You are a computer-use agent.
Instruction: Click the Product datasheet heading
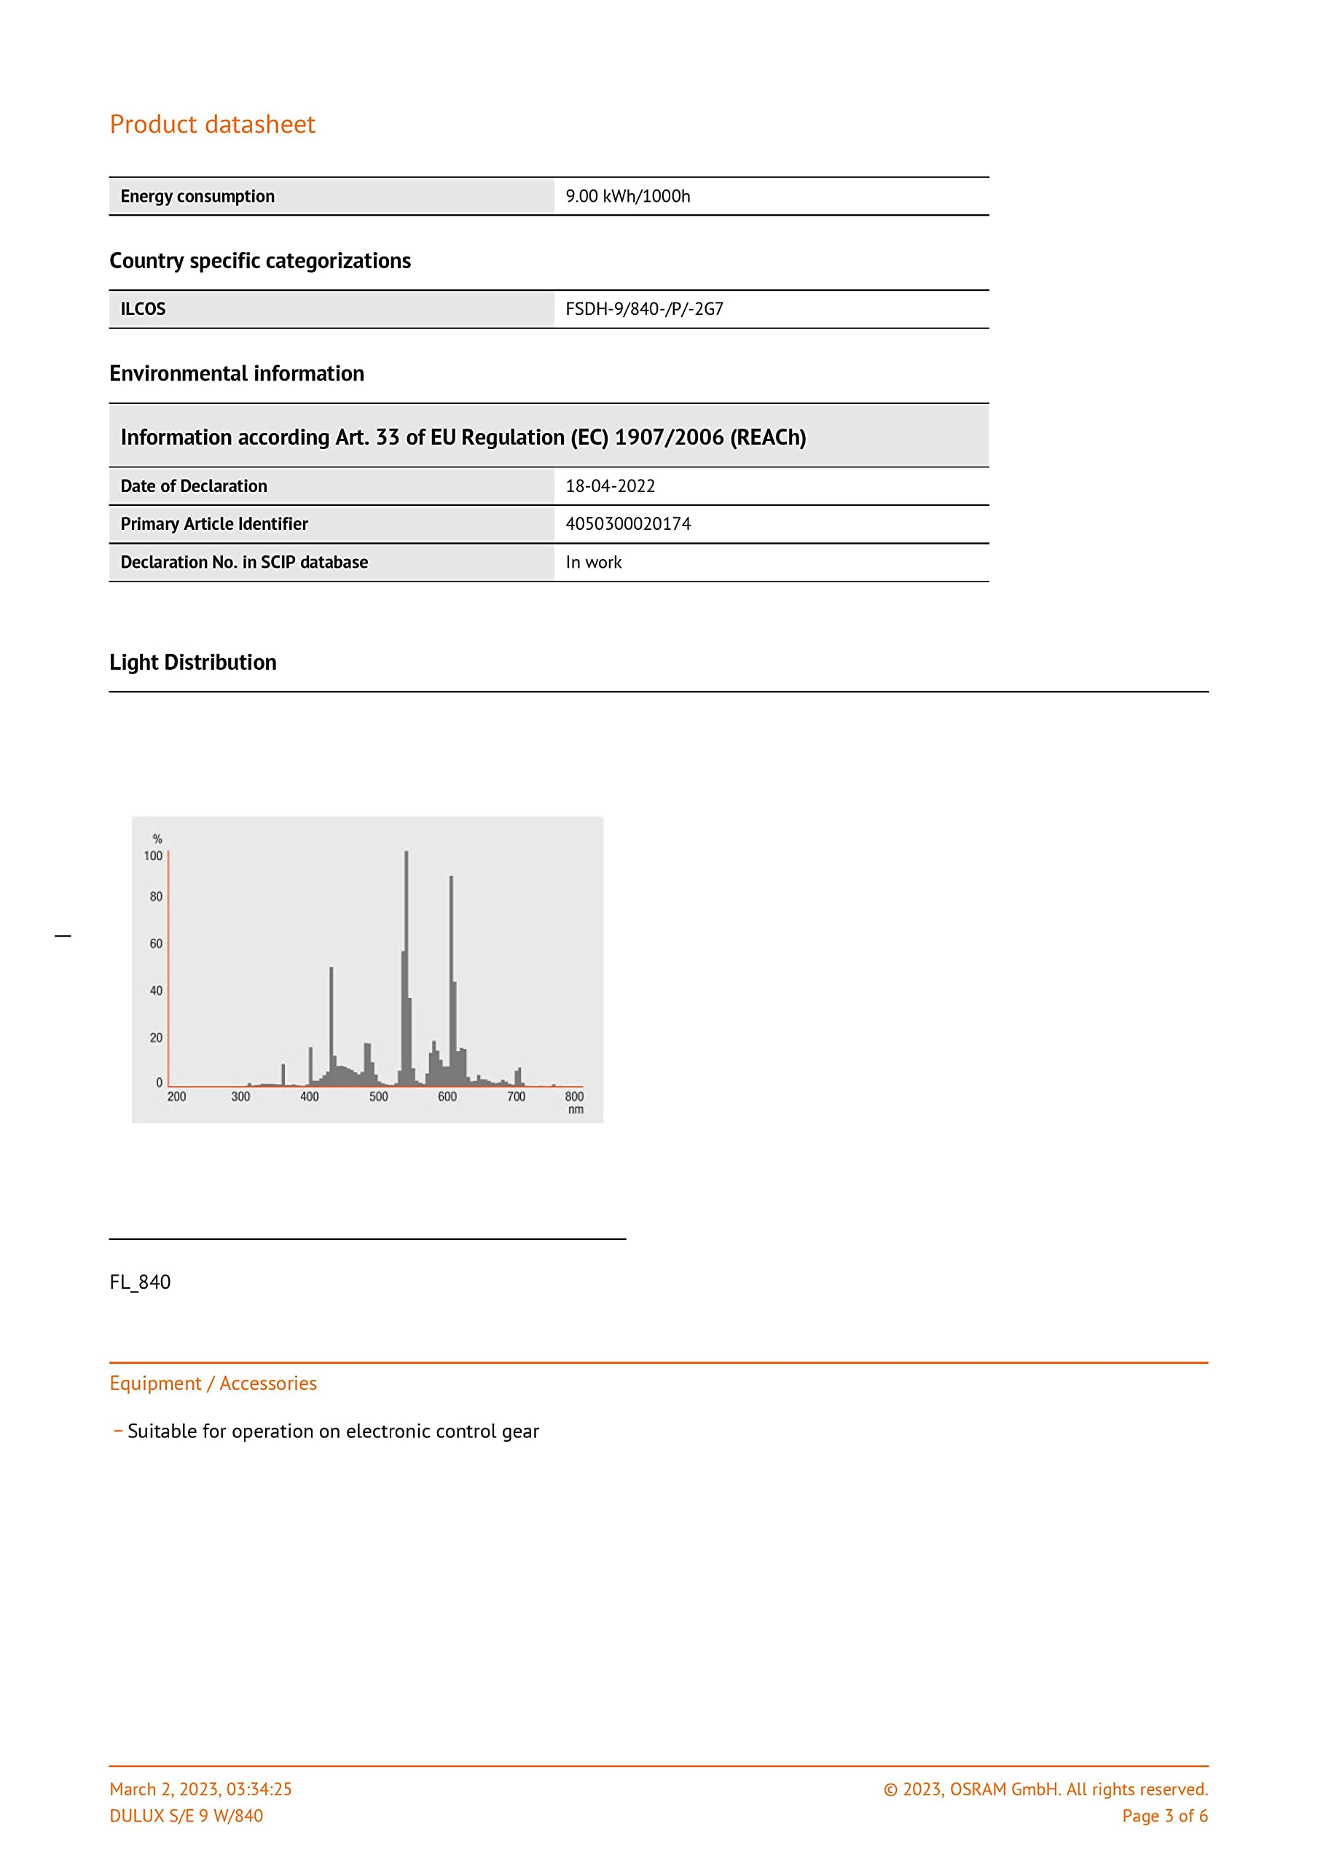click(212, 125)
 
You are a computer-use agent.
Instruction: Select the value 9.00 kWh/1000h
click(627, 196)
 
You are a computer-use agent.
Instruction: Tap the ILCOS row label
click(143, 309)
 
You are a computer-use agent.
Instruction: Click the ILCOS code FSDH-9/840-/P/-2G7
click(643, 309)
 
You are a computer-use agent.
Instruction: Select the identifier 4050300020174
click(627, 523)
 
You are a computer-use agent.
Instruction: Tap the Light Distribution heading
click(192, 663)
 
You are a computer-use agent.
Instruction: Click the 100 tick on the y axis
click(153, 856)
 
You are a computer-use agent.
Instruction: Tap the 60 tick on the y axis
click(155, 943)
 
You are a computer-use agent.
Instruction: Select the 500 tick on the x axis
click(379, 1096)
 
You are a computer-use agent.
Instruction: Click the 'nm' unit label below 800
click(576, 1109)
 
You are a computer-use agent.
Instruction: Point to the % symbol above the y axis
click(157, 839)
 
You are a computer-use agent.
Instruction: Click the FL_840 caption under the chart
click(140, 1281)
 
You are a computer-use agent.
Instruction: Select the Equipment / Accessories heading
click(213, 1383)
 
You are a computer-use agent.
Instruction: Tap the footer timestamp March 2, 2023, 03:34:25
click(200, 1788)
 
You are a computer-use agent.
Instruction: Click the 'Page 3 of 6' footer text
click(1164, 1815)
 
